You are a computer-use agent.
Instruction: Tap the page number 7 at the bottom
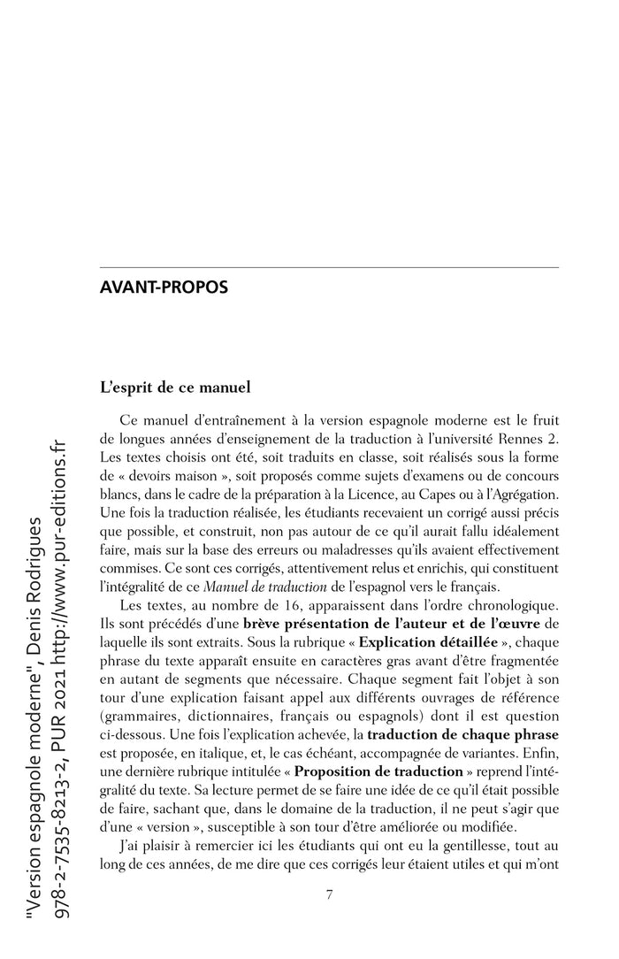click(x=329, y=894)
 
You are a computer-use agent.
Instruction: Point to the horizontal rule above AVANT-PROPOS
click(x=329, y=267)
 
